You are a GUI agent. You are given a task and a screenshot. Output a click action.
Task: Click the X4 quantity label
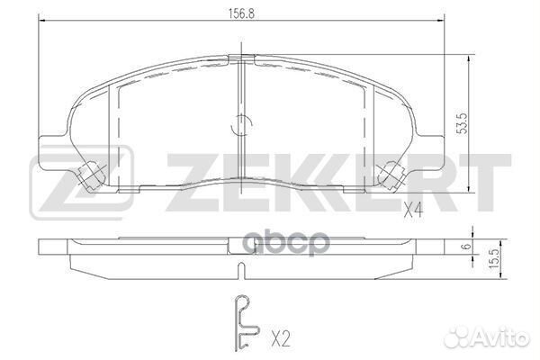[x=413, y=212]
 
